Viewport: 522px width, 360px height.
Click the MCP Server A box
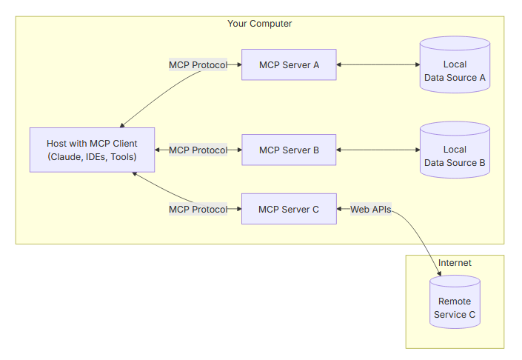tap(289, 65)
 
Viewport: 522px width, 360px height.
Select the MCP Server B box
tap(289, 150)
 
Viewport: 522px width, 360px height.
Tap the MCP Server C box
tap(289, 210)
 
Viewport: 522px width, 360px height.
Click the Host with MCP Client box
tap(92, 150)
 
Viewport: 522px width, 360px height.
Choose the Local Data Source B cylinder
tap(455, 150)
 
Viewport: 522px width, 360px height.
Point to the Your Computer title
tap(259, 24)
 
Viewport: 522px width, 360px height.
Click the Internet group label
tap(455, 263)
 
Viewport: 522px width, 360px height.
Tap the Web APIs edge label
tap(371, 210)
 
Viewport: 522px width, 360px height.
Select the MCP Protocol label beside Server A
tap(198, 65)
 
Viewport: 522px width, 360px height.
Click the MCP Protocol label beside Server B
tap(198, 150)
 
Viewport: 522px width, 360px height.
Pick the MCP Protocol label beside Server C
tap(198, 210)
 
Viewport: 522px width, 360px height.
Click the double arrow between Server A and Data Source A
tap(378, 65)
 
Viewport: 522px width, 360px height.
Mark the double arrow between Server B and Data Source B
tap(378, 150)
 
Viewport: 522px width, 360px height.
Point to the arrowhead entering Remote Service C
tap(441, 273)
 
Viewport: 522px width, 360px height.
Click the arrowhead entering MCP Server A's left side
tap(238, 65)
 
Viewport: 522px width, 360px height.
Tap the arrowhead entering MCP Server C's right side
tap(341, 210)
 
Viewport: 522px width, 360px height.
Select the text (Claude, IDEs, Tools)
tap(92, 157)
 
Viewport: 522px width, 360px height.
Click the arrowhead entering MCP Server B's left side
tap(238, 150)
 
